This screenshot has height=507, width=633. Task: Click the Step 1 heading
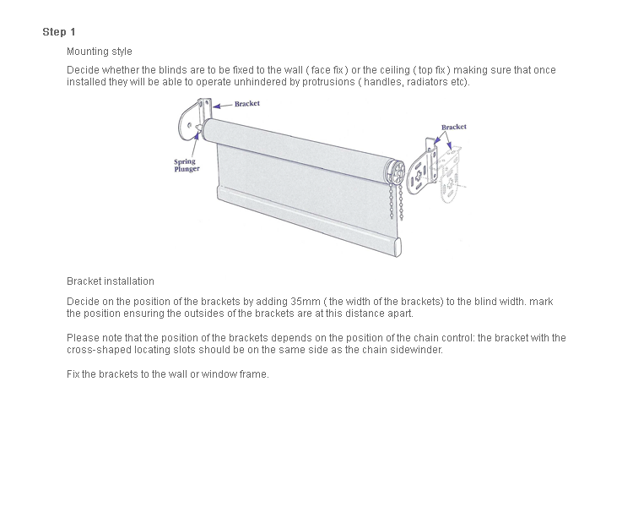click(x=59, y=32)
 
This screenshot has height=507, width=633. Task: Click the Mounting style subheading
click(x=100, y=52)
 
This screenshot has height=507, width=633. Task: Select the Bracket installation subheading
click(x=111, y=281)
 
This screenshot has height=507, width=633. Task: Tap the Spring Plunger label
click(x=187, y=165)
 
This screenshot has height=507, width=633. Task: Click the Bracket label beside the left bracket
click(x=247, y=103)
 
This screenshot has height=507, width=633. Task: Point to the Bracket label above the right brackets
click(x=454, y=127)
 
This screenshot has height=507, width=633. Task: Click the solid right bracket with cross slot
click(x=421, y=168)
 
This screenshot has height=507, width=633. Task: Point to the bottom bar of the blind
click(x=309, y=221)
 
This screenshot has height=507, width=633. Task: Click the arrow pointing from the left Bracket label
click(x=223, y=106)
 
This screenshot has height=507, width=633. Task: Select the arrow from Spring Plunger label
click(x=195, y=144)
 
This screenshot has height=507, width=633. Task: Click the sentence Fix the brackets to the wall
click(x=168, y=374)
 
